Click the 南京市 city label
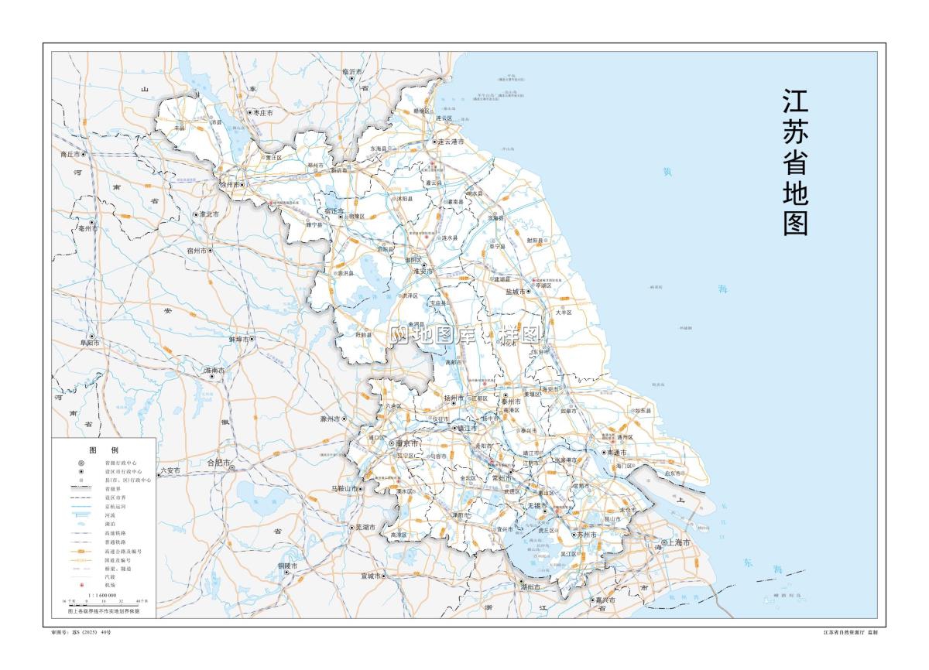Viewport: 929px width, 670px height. click(x=407, y=444)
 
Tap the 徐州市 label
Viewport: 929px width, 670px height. click(x=230, y=185)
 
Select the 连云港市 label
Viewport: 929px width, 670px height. click(x=451, y=142)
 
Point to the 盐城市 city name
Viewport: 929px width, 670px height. click(x=515, y=292)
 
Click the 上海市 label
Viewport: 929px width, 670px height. click(x=680, y=542)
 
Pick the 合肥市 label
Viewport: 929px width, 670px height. click(x=219, y=463)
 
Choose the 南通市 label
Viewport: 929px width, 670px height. click(x=618, y=452)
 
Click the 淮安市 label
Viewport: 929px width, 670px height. click(x=423, y=272)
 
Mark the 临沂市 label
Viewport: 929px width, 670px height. click(x=352, y=72)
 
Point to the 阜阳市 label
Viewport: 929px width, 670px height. click(x=90, y=342)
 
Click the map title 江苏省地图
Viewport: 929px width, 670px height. click(x=795, y=162)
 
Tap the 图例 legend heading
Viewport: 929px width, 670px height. click(x=103, y=450)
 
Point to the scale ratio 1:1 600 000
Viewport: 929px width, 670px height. click(x=103, y=595)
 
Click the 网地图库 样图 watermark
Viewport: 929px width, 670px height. click(x=464, y=334)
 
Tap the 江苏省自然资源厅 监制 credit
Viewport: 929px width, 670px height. click(x=850, y=632)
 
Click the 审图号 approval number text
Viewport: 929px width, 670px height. click(x=81, y=632)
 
